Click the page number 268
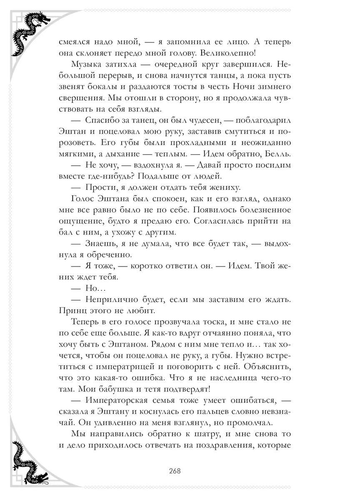point(175,471)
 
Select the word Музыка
point(86,65)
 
